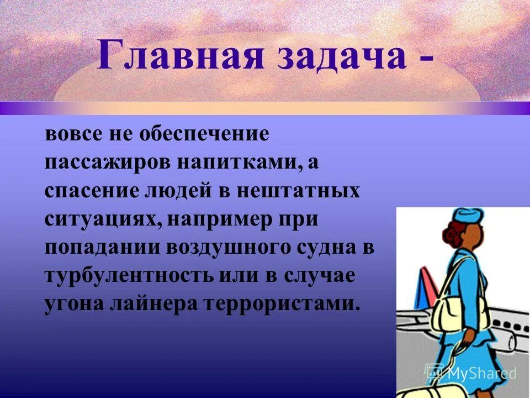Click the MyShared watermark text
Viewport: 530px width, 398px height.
pos(475,373)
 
